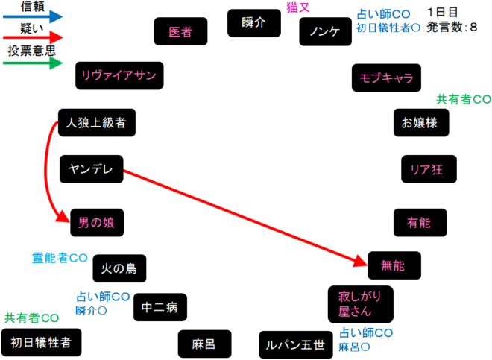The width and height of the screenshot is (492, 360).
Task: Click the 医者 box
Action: point(180,32)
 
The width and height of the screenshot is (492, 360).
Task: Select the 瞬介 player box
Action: point(253,23)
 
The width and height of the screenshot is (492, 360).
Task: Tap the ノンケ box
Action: point(324,33)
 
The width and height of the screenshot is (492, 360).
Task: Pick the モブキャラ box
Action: point(386,78)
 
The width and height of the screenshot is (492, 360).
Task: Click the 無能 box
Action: point(394,265)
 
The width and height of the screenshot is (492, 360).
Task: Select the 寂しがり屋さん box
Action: point(360,304)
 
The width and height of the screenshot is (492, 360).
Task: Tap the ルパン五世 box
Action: point(296,344)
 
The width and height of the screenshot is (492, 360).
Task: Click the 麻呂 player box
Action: point(204,344)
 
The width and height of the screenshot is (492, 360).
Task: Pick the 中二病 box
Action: point(160,306)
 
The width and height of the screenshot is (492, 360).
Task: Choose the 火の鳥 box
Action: point(119,268)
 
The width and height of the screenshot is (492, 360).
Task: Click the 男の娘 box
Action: point(97,221)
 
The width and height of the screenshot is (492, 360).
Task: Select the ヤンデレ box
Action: point(90,169)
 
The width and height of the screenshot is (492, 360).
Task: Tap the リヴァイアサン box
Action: point(119,75)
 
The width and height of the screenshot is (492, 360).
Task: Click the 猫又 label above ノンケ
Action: point(298,7)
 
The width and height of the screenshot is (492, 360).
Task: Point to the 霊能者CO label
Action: point(60,258)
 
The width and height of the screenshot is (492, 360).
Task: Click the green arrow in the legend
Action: point(34,63)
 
